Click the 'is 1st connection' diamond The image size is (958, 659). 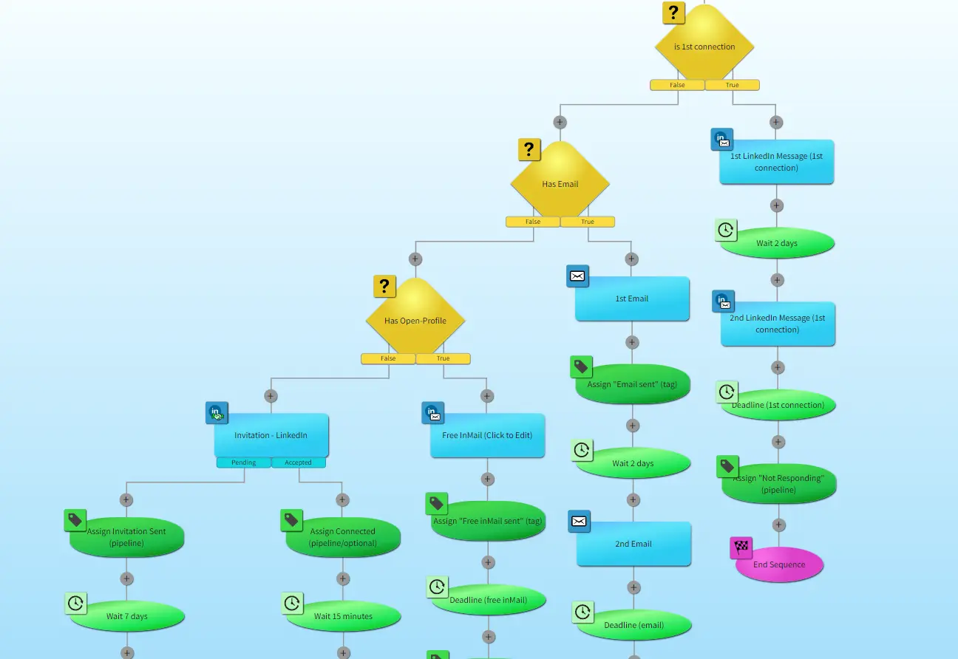(704, 47)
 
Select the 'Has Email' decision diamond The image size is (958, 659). (560, 184)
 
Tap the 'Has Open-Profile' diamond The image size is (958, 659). (415, 321)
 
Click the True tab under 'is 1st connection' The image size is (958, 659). (732, 85)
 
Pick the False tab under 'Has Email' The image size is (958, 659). (533, 222)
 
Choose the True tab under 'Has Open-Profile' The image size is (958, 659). (443, 359)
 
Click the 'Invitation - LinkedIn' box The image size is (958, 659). (271, 435)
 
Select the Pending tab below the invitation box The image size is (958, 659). (244, 462)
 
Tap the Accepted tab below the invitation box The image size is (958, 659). (299, 462)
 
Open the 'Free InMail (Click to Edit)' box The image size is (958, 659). (487, 435)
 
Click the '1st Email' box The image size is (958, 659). (632, 298)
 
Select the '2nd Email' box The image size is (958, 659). (633, 544)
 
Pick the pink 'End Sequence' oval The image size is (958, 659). (779, 565)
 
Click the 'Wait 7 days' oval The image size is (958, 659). (127, 616)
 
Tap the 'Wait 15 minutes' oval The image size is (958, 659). (343, 616)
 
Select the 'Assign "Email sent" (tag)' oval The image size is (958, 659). (633, 384)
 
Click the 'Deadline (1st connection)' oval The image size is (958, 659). (778, 405)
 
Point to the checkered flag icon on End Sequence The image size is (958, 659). (741, 548)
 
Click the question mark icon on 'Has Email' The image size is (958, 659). (529, 150)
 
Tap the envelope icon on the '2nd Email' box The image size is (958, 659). (580, 522)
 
